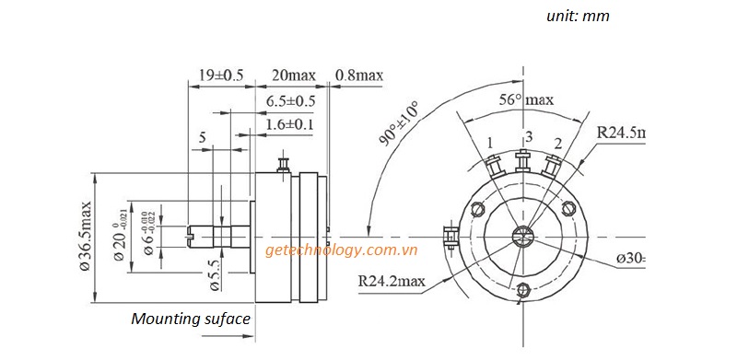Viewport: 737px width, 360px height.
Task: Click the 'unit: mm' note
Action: tap(577, 16)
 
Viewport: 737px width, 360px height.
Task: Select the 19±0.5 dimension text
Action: tap(220, 75)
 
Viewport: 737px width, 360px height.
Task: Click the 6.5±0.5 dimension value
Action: tap(291, 100)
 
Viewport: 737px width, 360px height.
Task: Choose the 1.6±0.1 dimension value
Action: tap(291, 123)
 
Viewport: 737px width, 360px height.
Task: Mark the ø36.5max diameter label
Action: tap(86, 236)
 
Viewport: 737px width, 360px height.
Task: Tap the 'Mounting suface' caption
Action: tap(190, 319)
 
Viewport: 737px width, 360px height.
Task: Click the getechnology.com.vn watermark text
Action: tap(342, 250)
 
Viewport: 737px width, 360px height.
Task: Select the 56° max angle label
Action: tap(526, 99)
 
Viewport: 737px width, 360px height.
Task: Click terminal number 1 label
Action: tap(490, 142)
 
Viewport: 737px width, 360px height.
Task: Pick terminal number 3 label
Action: tap(528, 137)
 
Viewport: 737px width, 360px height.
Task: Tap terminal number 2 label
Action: tap(558, 142)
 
